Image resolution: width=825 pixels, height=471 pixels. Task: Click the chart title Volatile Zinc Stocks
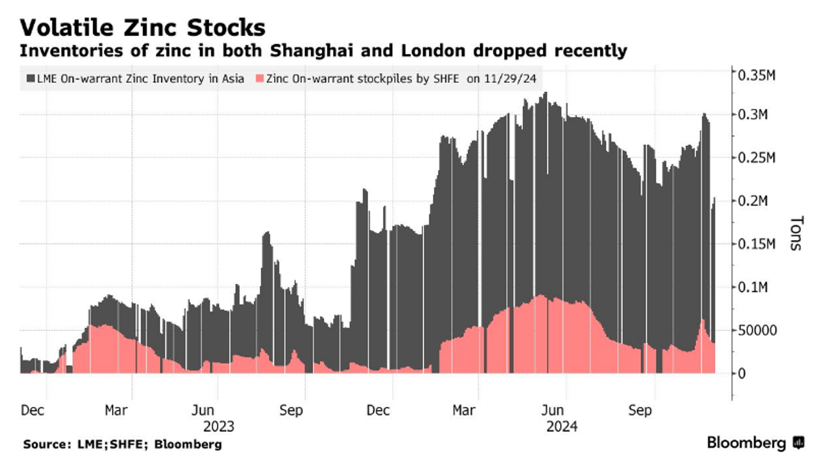point(143,28)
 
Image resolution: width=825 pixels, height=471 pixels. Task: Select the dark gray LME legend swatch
point(31,79)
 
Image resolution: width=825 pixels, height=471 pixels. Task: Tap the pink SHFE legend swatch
point(260,79)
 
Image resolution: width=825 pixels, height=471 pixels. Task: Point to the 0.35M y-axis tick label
point(756,76)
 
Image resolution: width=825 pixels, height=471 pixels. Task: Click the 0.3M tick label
point(753,115)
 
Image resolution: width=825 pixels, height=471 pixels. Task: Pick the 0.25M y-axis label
point(756,158)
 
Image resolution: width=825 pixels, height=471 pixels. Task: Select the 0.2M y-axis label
point(753,201)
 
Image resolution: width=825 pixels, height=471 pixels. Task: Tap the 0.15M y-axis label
point(756,244)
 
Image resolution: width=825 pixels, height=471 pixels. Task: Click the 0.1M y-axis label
point(753,287)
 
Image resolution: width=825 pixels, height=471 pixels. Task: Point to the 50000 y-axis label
point(757,331)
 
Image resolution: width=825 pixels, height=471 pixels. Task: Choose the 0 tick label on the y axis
point(742,374)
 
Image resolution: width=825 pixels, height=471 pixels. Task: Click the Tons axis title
point(796,233)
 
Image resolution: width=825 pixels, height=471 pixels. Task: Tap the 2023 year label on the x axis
point(219,427)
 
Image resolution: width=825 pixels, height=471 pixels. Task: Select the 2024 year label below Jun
point(562,427)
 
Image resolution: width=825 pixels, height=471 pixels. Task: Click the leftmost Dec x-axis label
point(33,410)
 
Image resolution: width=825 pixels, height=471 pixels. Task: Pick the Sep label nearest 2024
point(640,410)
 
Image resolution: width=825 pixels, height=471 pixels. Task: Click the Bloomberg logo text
point(746,443)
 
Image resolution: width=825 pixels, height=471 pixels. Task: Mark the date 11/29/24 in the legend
point(510,79)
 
